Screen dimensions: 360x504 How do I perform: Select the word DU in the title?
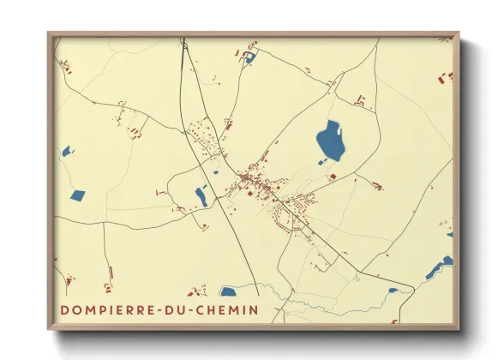(x=165, y=309)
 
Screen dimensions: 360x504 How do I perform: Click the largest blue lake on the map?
(x=330, y=140)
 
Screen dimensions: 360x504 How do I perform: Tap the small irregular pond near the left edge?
(x=66, y=152)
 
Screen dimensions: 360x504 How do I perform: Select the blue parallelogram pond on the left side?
(x=77, y=195)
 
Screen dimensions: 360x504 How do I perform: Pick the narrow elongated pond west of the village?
(x=201, y=196)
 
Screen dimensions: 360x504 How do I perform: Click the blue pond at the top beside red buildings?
(x=249, y=58)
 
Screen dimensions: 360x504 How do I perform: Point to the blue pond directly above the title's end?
(x=228, y=291)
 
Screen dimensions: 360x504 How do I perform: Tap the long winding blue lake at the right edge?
(x=440, y=267)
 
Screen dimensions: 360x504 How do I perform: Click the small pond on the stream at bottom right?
(x=393, y=291)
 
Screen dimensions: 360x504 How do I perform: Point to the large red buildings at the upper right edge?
(x=445, y=78)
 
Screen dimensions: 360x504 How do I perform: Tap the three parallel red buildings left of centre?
(x=134, y=131)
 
